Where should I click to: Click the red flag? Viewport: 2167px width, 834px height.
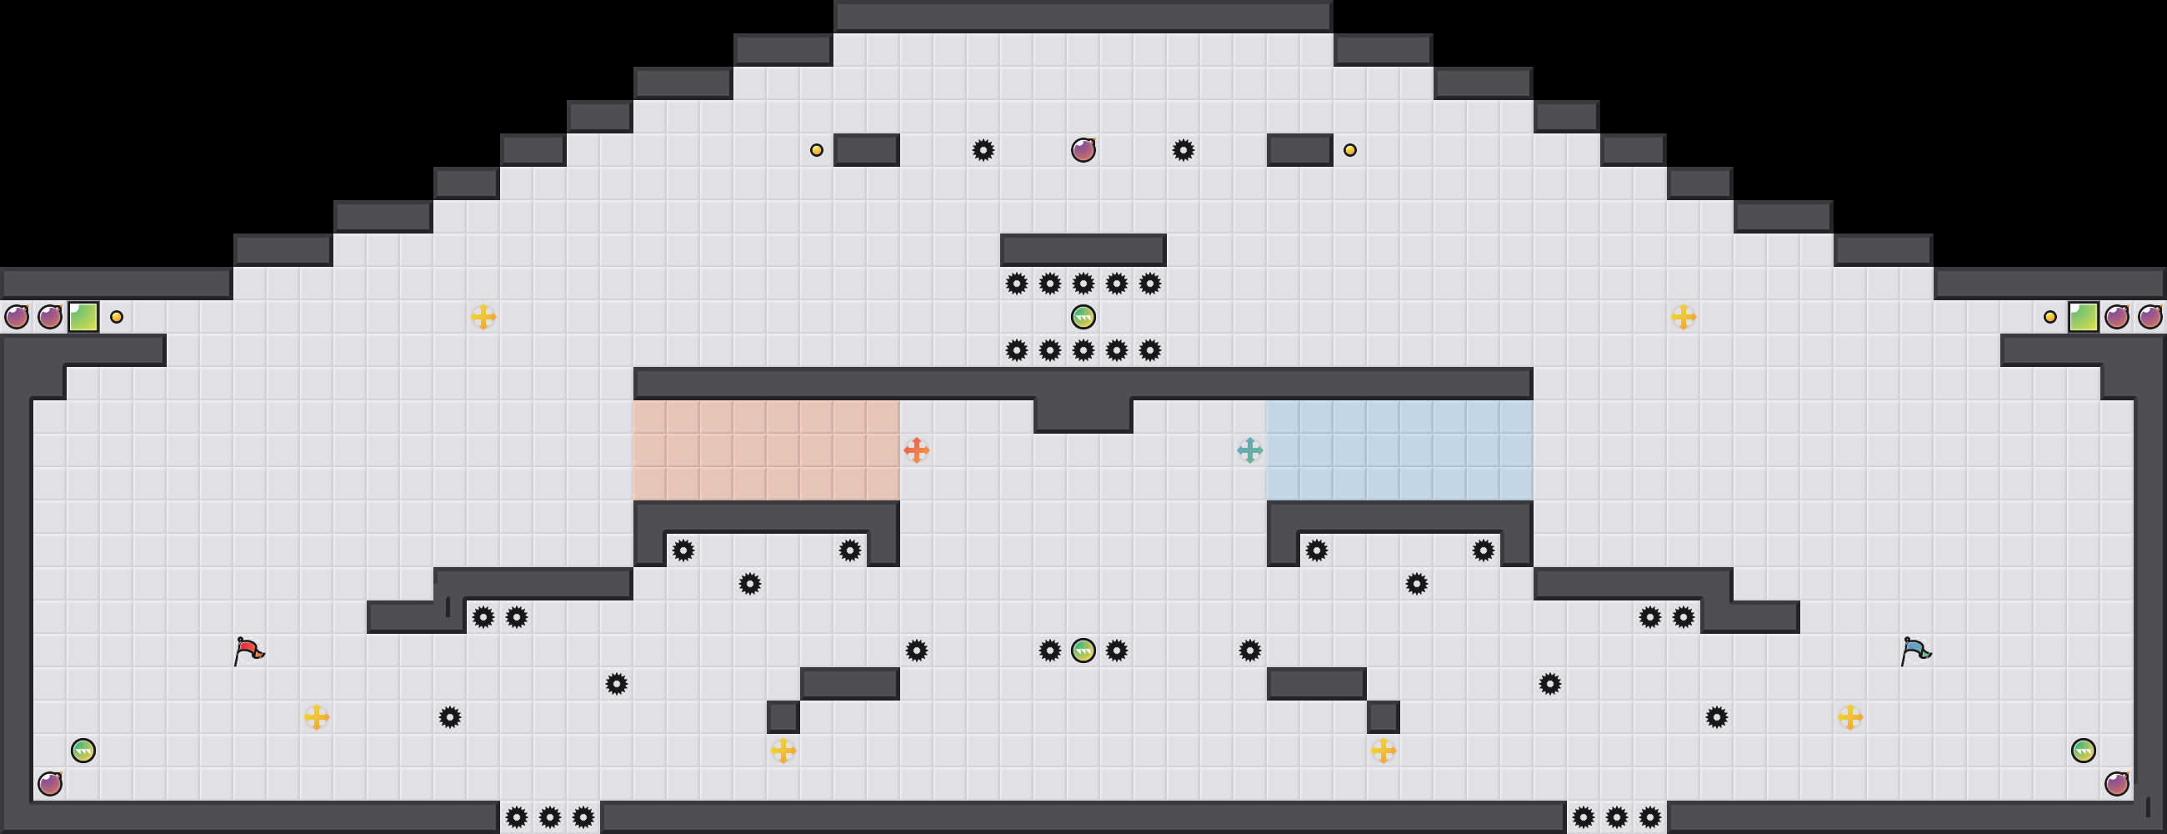pyautogui.click(x=248, y=651)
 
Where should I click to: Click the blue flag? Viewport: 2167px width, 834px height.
pyautogui.click(x=1914, y=651)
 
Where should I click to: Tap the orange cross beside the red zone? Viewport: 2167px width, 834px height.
pyautogui.click(x=916, y=450)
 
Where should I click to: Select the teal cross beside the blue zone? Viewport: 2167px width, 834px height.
pyautogui.click(x=1249, y=450)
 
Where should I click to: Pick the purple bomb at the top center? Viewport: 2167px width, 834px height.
pyautogui.click(x=1083, y=151)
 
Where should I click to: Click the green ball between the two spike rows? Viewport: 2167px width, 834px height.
pyautogui.click(x=1083, y=317)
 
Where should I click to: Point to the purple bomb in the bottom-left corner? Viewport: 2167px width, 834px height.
pyautogui.click(x=50, y=783)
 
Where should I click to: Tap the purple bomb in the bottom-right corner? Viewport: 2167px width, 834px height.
pyautogui.click(x=2116, y=783)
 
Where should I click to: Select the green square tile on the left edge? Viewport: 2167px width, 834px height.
pyautogui.click(x=83, y=317)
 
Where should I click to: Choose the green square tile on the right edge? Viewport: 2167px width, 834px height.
pyautogui.click(x=2083, y=317)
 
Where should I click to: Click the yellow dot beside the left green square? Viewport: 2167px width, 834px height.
pyautogui.click(x=117, y=317)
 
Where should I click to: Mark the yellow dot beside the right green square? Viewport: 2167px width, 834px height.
pyautogui.click(x=2050, y=317)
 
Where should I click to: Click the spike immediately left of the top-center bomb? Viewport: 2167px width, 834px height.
pyautogui.click(x=983, y=151)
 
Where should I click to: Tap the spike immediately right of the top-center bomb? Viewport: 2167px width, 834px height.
pyautogui.click(x=1183, y=151)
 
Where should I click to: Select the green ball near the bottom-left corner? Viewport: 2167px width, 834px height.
pyautogui.click(x=83, y=750)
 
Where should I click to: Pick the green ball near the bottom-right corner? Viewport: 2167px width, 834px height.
pyautogui.click(x=2083, y=750)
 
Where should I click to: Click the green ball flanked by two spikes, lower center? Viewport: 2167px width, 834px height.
pyautogui.click(x=1083, y=651)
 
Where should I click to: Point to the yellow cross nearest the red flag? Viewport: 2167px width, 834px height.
pyautogui.click(x=317, y=717)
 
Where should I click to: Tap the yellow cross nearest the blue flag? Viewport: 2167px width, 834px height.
pyautogui.click(x=1849, y=717)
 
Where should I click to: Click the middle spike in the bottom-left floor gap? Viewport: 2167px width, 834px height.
pyautogui.click(x=549, y=817)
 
